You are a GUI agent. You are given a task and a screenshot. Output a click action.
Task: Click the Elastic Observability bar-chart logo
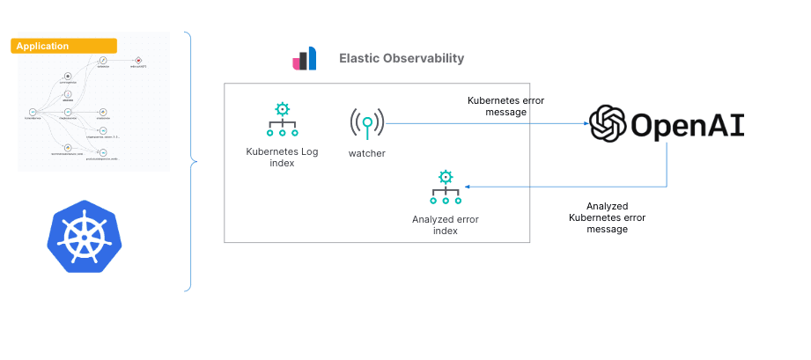pos(304,60)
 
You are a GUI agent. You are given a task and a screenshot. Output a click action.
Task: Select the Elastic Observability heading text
pos(402,59)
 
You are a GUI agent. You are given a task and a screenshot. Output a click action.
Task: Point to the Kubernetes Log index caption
pos(282,157)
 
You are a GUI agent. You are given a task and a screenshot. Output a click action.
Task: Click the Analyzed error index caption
pos(446,224)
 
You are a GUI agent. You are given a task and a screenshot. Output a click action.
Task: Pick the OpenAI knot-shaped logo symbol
pos(608,124)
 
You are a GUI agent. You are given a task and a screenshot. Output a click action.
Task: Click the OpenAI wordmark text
pos(687,125)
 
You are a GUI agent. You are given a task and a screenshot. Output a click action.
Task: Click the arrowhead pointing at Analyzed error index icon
pos(468,187)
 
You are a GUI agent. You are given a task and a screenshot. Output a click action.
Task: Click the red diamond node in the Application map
pos(138,60)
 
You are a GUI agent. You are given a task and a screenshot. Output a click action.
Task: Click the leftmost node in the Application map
pos(32,112)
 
